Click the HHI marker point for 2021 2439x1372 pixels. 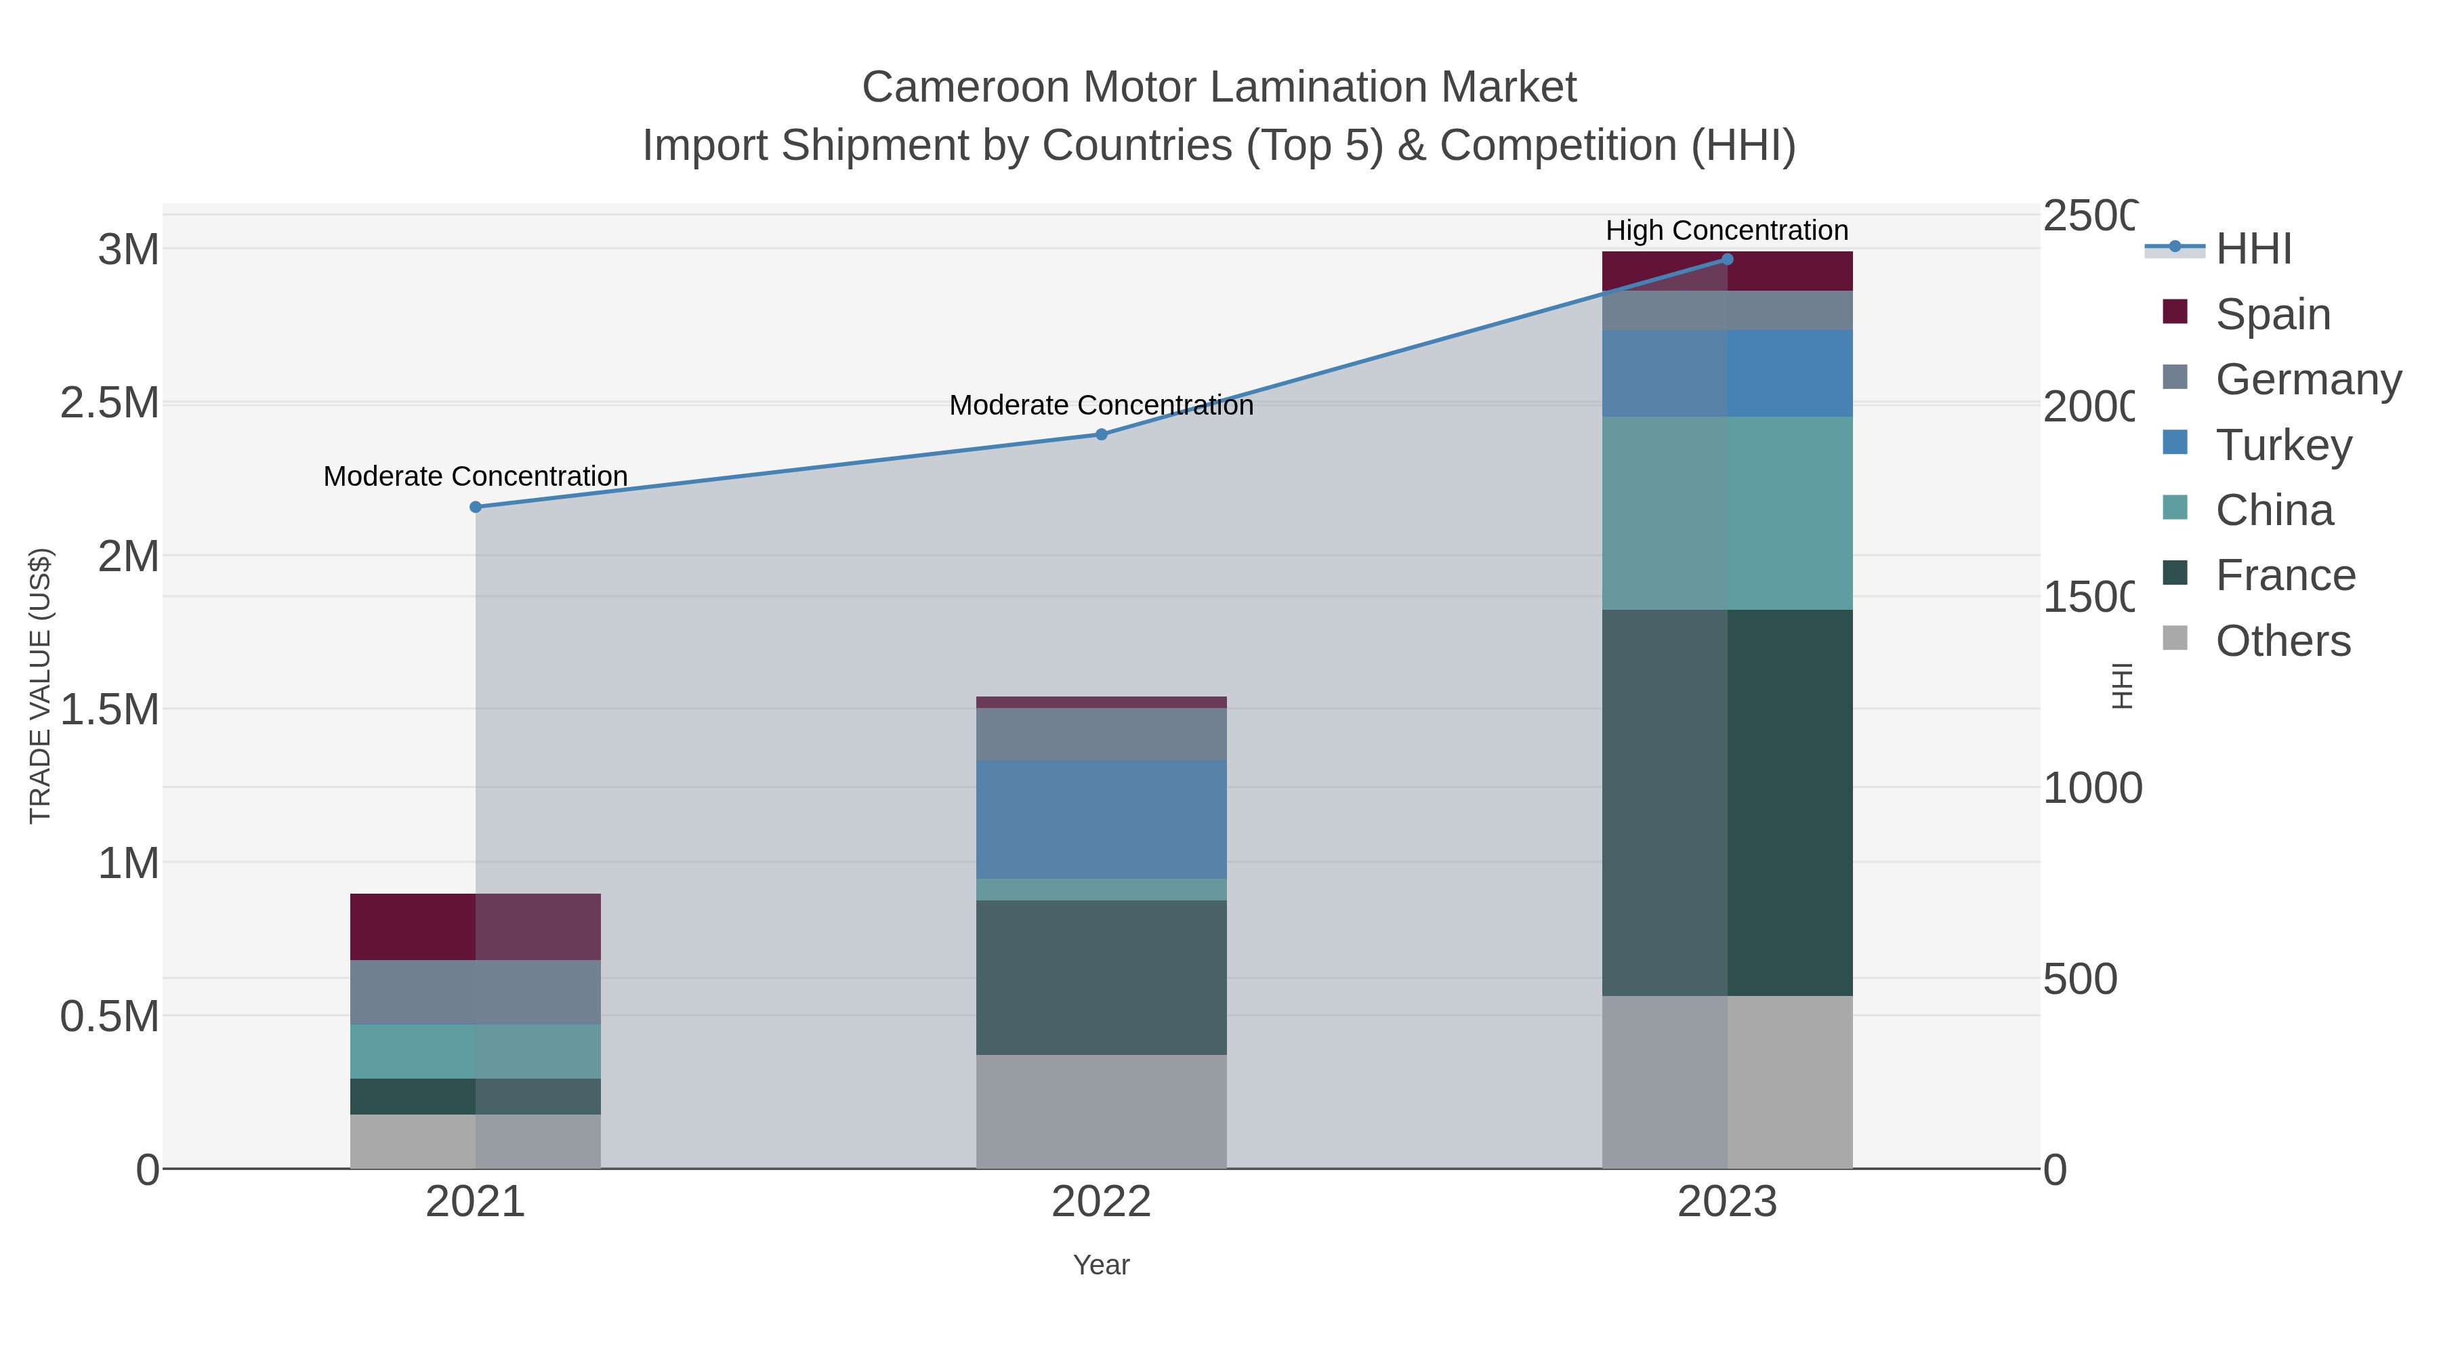[476, 507]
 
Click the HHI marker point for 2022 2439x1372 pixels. [1101, 434]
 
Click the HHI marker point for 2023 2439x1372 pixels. [1727, 259]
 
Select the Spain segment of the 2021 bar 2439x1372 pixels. [476, 927]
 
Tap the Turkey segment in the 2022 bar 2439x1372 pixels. [1101, 819]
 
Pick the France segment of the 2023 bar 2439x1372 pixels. [1727, 802]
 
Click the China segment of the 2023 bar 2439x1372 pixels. [1727, 513]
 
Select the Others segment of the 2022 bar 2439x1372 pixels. [1101, 1112]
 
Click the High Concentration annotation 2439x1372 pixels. [1727, 231]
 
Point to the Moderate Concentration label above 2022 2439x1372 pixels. [1101, 405]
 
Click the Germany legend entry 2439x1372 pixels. [2308, 379]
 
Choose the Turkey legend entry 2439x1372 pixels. [2282, 445]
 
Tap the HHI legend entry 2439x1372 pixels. [2253, 249]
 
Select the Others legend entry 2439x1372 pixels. [2282, 641]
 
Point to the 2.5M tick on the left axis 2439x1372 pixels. [110, 403]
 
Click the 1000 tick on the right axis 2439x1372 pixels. [2091, 788]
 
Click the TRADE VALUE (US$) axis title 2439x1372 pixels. [40, 686]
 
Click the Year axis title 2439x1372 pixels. [1101, 1265]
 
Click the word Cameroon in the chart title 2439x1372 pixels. [965, 87]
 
